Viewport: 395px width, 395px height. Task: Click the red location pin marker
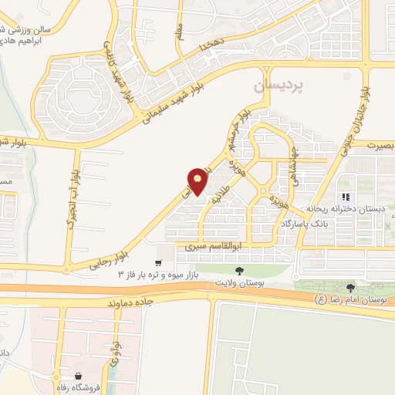198,180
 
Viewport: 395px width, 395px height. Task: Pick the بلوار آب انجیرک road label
75,200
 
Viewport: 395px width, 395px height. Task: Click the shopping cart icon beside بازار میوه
160,263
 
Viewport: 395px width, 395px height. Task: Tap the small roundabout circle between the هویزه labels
264,190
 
